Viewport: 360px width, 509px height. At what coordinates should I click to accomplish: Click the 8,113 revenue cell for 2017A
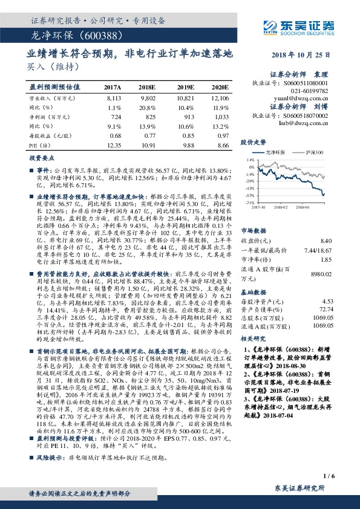coord(113,97)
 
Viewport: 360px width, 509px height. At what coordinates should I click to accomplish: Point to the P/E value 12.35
coord(114,146)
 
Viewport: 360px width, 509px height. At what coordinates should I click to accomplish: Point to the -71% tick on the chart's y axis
coord(249,204)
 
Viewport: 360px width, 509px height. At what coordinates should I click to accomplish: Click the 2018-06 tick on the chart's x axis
coord(303,207)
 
